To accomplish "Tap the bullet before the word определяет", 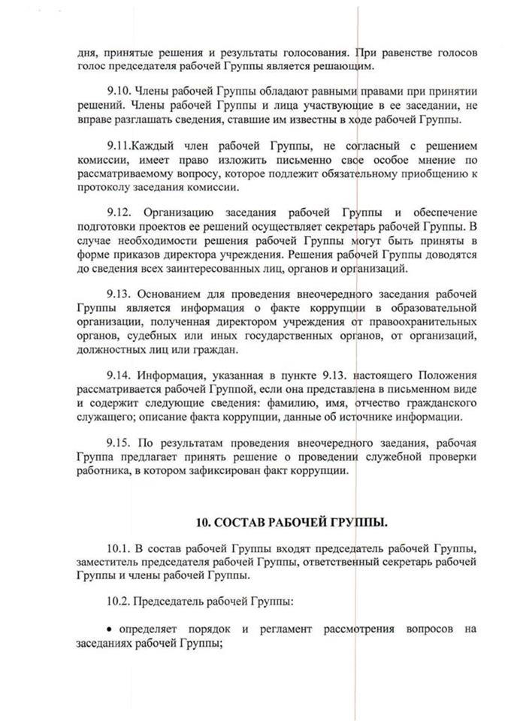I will coord(110,628).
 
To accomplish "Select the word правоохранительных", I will coord(425,321).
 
